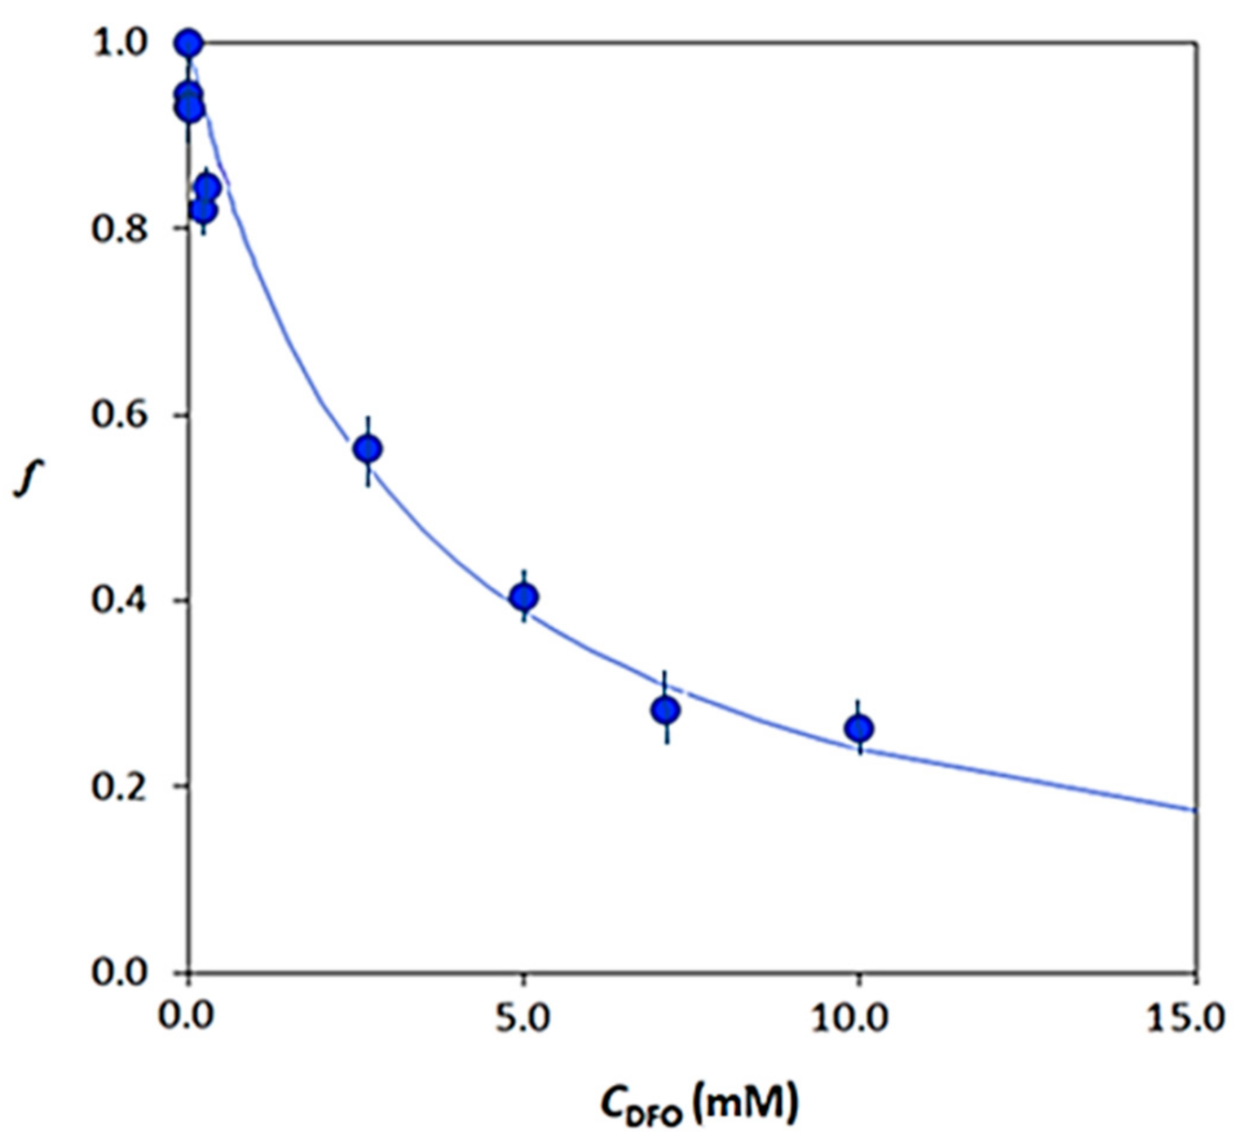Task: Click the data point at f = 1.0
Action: click(189, 43)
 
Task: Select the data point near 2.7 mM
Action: click(368, 448)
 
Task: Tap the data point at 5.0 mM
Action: click(524, 597)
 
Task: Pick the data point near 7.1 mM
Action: click(666, 710)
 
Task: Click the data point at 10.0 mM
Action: click(859, 729)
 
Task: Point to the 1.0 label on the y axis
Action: click(121, 43)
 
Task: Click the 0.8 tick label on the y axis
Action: click(121, 229)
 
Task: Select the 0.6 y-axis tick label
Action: click(121, 415)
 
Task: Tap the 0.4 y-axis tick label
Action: click(121, 601)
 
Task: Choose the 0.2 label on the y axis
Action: click(121, 787)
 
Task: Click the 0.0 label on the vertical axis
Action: click(121, 972)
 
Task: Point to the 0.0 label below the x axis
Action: click(187, 1019)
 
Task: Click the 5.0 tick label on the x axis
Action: click(523, 1019)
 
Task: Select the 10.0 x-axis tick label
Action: click(849, 1019)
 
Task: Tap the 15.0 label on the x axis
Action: click(1186, 1019)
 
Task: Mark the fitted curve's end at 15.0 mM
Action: click(1194, 809)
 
